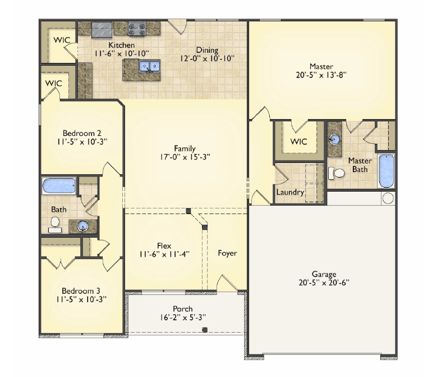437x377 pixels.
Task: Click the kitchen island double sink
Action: point(150,66)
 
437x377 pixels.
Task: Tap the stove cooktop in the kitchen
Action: point(137,28)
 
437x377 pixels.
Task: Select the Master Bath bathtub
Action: point(387,171)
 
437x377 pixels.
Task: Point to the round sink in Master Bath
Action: point(335,138)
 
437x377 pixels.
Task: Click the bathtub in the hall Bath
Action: point(59,185)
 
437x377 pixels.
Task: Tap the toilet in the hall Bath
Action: point(55,224)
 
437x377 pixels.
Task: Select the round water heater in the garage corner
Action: point(388,198)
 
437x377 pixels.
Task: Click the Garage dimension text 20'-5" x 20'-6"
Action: point(325,283)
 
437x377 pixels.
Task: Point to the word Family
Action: point(185,148)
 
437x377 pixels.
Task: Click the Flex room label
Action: point(164,245)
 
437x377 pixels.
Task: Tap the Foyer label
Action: point(227,253)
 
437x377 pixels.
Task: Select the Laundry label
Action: point(290,192)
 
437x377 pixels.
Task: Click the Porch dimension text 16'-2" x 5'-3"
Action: point(182,317)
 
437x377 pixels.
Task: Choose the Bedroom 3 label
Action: point(81,290)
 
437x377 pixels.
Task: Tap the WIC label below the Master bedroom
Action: point(298,142)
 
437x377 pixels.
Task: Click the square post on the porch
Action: point(204,330)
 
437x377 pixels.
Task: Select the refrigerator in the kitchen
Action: point(102,28)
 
